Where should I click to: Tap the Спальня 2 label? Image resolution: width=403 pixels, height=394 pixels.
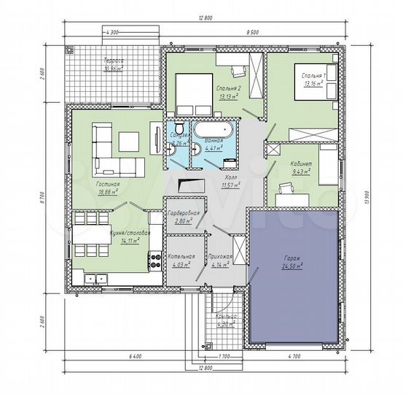228,87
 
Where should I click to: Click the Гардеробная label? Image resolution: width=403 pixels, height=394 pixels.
180,213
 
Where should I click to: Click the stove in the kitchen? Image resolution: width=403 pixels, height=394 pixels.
154,258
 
